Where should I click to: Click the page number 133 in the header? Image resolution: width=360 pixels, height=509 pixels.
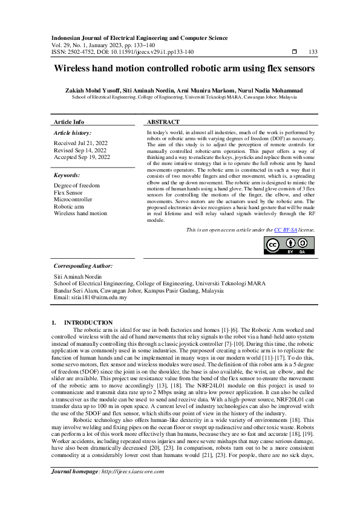coord(313,52)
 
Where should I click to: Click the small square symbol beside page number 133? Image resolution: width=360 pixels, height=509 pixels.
coord(294,52)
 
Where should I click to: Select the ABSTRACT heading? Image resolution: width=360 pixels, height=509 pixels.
coord(163,122)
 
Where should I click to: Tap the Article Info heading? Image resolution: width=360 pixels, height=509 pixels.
coord(69,122)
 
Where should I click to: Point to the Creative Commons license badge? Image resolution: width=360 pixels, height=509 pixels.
coord(290,245)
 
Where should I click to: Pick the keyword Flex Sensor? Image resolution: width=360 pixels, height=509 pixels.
coord(70,192)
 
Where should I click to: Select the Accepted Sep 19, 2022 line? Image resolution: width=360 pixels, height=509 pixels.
coord(82,157)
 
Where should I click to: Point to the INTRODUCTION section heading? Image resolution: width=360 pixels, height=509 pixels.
coord(88,322)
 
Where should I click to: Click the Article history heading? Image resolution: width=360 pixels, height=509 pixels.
coord(73,132)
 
